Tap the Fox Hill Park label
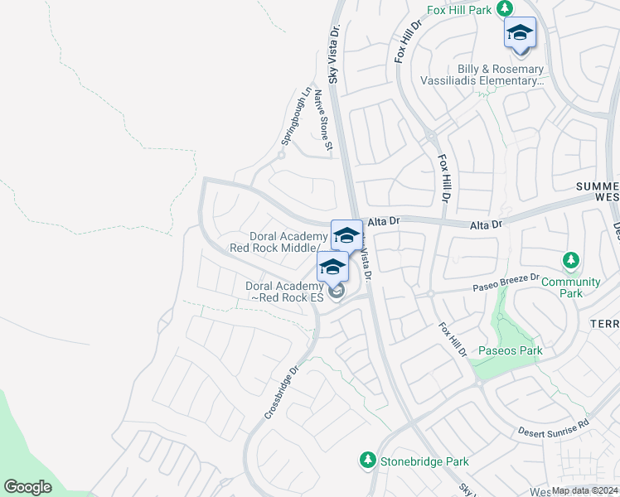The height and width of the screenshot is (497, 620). [x=458, y=10]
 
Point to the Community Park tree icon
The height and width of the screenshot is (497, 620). [x=570, y=262]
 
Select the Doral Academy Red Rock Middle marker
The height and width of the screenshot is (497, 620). [x=346, y=236]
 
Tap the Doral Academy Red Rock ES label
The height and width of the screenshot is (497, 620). [x=282, y=292]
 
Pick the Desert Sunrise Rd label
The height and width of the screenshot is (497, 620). [x=553, y=427]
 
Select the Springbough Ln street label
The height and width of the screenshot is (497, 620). [x=298, y=117]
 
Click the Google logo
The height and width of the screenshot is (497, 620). [x=28, y=487]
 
